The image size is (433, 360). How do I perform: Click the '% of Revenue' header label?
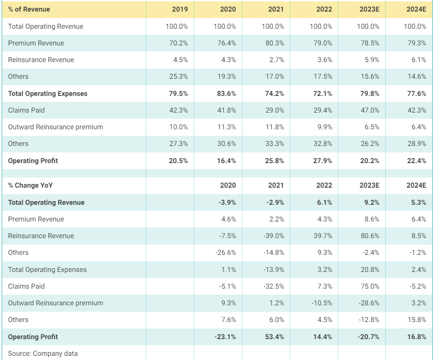click(x=29, y=9)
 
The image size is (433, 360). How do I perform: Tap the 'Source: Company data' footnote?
click(x=43, y=354)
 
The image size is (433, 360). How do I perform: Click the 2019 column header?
click(x=180, y=9)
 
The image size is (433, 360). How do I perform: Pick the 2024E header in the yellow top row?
click(x=416, y=9)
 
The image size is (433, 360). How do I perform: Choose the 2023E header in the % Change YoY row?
click(x=369, y=185)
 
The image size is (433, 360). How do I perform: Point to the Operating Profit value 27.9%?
click(x=323, y=161)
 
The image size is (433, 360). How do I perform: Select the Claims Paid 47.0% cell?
click(x=370, y=110)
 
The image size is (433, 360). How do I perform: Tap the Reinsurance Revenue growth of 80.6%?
click(x=370, y=236)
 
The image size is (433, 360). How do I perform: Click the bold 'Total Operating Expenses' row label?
click(x=47, y=94)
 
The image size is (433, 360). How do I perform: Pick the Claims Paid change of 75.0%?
click(x=370, y=286)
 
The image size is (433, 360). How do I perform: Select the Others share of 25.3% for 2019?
click(x=178, y=76)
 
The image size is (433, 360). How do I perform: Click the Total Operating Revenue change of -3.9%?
click(x=227, y=202)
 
